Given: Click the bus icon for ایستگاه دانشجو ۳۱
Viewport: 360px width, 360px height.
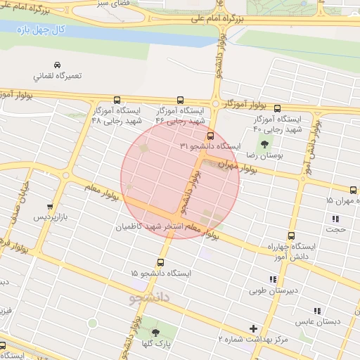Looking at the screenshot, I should point(210,136).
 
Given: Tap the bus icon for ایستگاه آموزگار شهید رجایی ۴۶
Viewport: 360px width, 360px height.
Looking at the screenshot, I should point(180,100).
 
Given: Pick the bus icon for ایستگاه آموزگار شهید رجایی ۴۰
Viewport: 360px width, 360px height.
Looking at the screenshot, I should point(277,108).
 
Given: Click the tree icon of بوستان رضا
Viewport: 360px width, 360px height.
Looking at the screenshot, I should point(264,143).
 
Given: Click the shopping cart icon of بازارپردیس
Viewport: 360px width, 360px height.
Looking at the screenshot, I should point(49,207).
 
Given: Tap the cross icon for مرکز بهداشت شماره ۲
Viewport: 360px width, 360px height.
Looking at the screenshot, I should point(254,328).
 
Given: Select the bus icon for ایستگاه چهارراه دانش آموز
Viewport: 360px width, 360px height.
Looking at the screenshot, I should point(291,237).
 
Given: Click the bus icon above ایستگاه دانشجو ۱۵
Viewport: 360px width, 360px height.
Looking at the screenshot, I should point(160,262).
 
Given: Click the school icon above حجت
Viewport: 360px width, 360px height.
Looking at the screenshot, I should point(335,219).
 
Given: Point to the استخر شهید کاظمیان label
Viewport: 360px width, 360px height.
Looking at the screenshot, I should point(157,227).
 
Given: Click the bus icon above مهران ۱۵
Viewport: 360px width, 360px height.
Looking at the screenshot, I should point(353,190).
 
